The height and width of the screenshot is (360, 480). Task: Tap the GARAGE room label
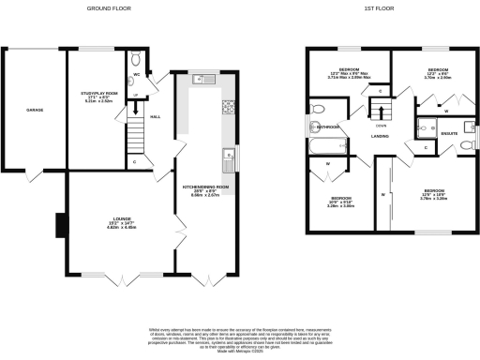(x=34, y=111)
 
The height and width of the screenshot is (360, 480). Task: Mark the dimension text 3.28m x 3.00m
(x=340, y=203)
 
